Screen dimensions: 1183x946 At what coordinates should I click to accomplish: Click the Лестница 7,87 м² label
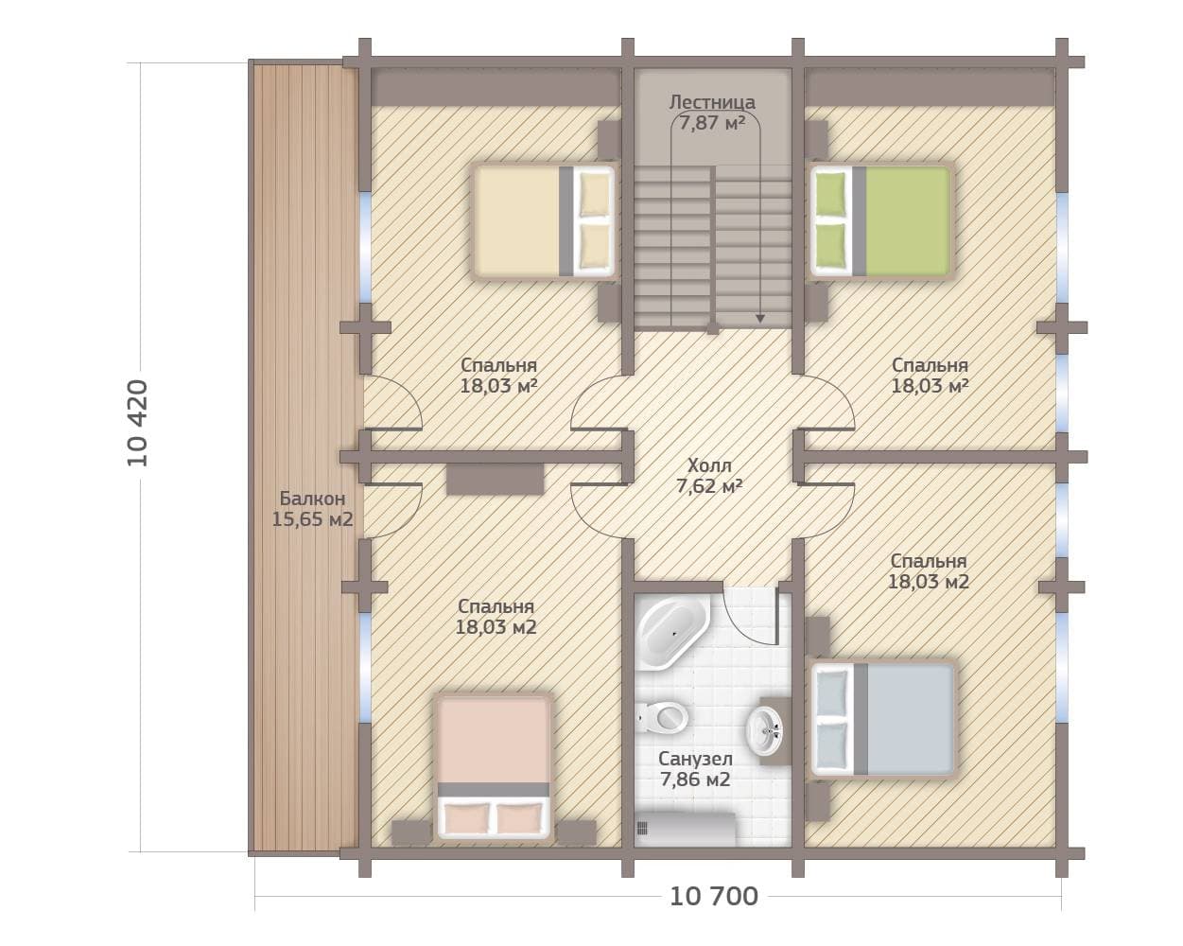pyautogui.click(x=712, y=113)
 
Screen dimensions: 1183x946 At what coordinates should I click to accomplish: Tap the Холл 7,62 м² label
pyautogui.click(x=709, y=476)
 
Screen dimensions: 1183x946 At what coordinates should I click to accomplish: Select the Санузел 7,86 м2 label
pyautogui.click(x=695, y=769)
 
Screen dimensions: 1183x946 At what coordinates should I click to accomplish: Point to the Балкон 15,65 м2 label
pyautogui.click(x=312, y=509)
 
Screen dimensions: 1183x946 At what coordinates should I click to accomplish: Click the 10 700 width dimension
pyautogui.click(x=714, y=897)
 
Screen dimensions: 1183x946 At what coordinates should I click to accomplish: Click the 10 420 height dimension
pyautogui.click(x=137, y=423)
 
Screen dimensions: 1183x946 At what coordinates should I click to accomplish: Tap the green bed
pyautogui.click(x=883, y=221)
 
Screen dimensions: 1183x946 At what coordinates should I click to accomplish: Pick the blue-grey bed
pyautogui.click(x=883, y=719)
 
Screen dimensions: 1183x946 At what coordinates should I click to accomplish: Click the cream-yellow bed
pyautogui.click(x=543, y=221)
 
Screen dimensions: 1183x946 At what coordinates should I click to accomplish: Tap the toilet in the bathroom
pyautogui.click(x=662, y=717)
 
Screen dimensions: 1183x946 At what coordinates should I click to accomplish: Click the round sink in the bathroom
pyautogui.click(x=764, y=731)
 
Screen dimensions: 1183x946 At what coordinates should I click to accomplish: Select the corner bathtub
pyautogui.click(x=672, y=634)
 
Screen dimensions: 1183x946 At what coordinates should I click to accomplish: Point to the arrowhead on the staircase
pyautogui.click(x=760, y=319)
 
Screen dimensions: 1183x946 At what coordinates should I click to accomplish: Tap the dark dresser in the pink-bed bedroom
pyautogui.click(x=495, y=479)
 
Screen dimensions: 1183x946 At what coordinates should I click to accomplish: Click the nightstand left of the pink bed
pyautogui.click(x=411, y=832)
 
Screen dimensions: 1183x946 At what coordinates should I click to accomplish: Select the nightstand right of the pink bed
pyautogui.click(x=576, y=832)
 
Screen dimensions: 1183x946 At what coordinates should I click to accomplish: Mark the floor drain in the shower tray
pyautogui.click(x=641, y=828)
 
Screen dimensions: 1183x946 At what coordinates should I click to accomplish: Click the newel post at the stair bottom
pyautogui.click(x=713, y=328)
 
